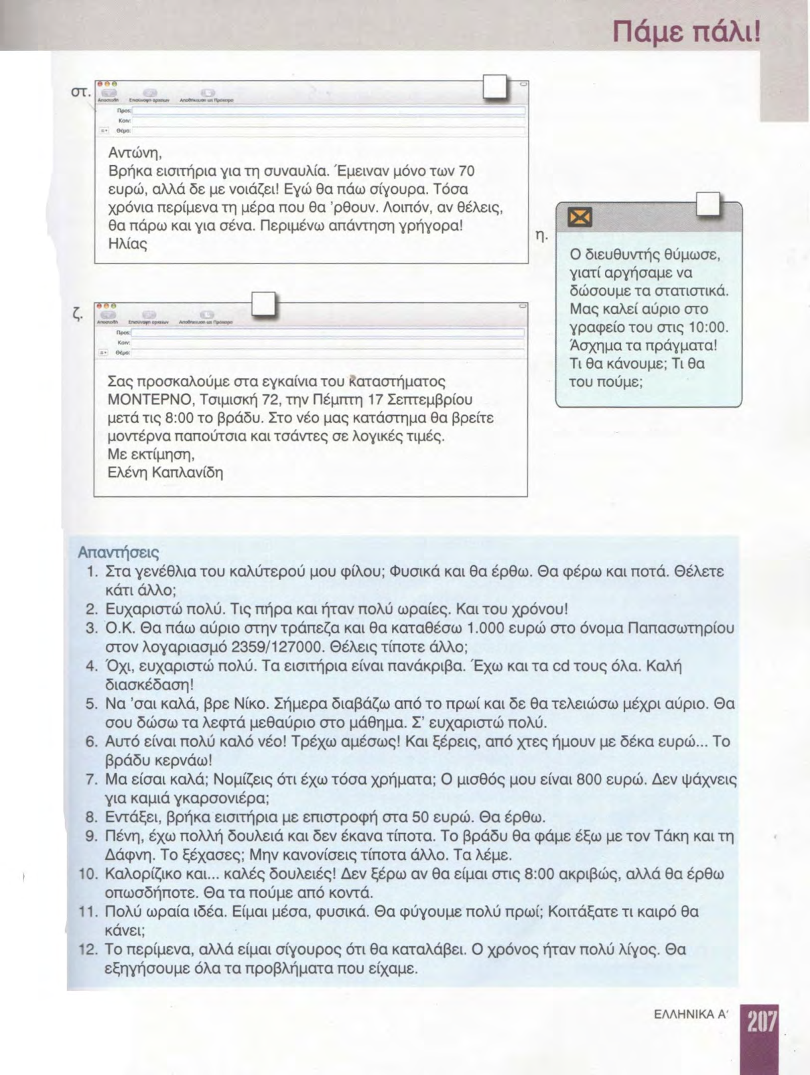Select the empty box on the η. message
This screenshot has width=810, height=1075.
709,205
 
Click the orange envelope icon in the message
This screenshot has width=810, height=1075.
580,217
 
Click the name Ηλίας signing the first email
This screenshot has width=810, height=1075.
127,244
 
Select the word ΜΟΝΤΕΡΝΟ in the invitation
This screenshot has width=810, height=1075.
143,401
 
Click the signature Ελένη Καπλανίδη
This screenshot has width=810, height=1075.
165,473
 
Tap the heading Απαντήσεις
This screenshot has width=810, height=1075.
119,553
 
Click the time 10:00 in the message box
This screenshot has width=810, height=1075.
711,329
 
